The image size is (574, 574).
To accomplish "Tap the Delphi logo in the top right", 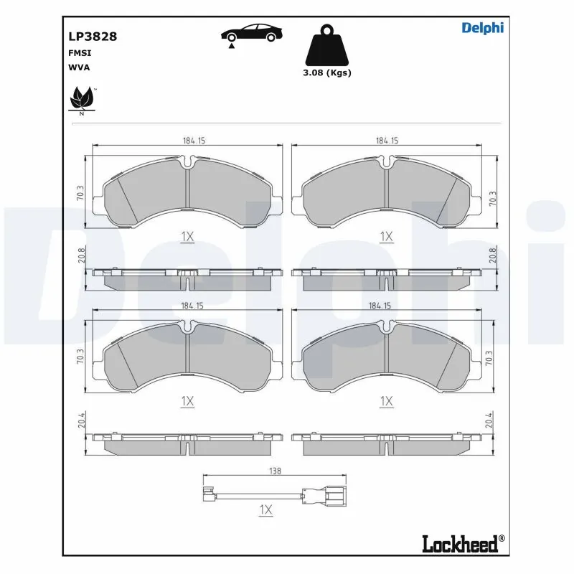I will pyautogui.click(x=482, y=28).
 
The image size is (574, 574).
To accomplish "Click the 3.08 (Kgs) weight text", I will pyautogui.click(x=326, y=72).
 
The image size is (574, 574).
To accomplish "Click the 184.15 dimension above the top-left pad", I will pyautogui.click(x=188, y=141).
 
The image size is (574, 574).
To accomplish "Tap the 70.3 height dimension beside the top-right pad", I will pyautogui.click(x=491, y=198).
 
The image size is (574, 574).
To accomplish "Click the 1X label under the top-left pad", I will pyautogui.click(x=187, y=236).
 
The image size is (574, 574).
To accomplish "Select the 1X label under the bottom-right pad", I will pyautogui.click(x=387, y=402).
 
